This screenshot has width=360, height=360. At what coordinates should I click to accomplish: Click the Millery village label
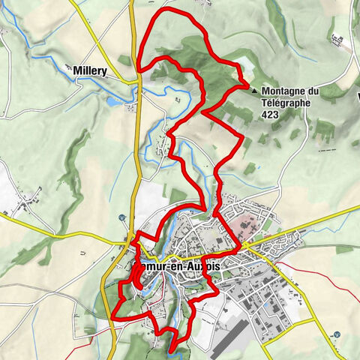coord(90,71)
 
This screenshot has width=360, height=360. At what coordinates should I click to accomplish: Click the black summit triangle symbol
coord(255,91)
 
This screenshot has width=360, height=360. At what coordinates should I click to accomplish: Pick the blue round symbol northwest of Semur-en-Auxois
coord(121,218)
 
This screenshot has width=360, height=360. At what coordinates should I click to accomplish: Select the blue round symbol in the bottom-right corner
coord(338,334)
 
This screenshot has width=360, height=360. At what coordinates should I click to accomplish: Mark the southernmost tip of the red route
coord(172,349)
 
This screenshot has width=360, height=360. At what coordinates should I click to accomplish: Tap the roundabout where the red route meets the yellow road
coord(244,246)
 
